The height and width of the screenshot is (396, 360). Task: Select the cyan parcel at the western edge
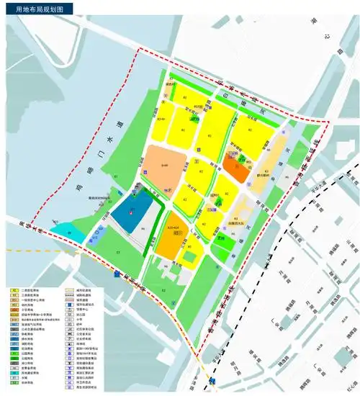(64, 232)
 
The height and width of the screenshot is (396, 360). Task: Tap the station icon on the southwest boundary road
(117, 274)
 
